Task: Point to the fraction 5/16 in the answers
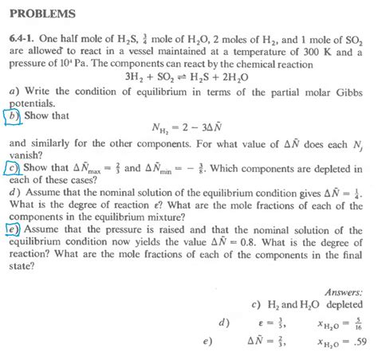360,323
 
